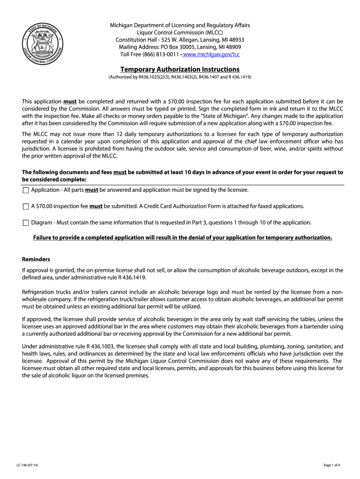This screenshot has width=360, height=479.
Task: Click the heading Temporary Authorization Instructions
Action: [180, 69]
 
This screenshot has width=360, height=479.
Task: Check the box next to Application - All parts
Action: [26, 190]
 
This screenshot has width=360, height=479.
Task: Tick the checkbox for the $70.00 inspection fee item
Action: [26, 206]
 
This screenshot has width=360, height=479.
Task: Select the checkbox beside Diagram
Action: [26, 223]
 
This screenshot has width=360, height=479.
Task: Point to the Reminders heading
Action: [36, 259]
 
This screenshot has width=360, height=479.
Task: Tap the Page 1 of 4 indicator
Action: [331, 465]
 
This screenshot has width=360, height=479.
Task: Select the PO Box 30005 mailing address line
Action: [180, 47]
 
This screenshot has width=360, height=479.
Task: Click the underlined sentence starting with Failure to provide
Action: [182, 238]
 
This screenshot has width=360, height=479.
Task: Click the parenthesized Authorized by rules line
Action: [180, 77]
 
